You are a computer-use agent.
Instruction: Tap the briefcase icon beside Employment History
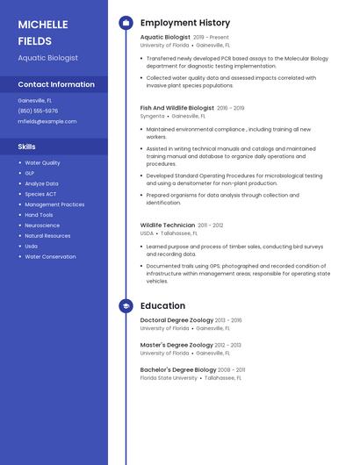[126, 23]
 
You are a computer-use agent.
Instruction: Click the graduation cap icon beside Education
[126, 305]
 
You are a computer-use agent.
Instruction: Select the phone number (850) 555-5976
[38, 111]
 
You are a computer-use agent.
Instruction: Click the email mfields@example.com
[41, 121]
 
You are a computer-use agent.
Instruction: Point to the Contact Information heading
[56, 84]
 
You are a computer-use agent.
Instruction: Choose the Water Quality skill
[42, 162]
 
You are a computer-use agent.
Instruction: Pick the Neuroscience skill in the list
[42, 225]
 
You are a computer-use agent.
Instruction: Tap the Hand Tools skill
[39, 215]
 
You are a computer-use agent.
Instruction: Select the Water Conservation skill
[50, 257]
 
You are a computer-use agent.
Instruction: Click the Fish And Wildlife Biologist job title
[176, 108]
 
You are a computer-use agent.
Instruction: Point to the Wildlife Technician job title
[168, 225]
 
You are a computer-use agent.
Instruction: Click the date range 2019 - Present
[211, 38]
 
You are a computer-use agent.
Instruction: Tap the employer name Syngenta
[152, 116]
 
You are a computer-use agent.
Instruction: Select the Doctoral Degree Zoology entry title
[176, 320]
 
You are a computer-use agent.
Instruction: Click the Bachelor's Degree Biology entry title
[177, 370]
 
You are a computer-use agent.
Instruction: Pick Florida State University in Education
[169, 378]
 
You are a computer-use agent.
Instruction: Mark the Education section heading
[162, 305]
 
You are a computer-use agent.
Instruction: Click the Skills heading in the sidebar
[27, 147]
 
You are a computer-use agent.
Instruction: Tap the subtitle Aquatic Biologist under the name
[47, 58]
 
